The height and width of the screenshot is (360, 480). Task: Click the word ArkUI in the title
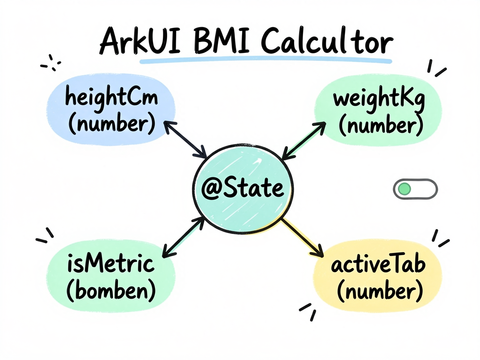click(140, 41)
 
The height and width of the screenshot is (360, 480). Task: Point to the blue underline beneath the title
click(266, 61)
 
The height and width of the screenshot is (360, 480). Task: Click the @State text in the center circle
click(242, 187)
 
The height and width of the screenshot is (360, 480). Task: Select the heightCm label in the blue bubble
click(111, 97)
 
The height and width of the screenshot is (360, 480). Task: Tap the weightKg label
click(379, 99)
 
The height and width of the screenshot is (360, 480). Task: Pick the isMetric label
click(111, 263)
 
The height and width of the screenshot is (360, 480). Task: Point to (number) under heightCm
click(112, 124)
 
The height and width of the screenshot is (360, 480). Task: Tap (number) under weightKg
click(381, 125)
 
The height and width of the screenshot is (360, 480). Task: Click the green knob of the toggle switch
click(405, 189)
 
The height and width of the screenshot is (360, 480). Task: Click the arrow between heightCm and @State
click(185, 140)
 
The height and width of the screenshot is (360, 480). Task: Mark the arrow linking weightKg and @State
click(303, 140)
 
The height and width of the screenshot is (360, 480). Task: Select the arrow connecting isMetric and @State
click(183, 237)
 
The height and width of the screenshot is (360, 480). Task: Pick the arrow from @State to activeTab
click(302, 238)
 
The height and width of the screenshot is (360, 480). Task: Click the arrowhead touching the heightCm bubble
click(169, 126)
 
